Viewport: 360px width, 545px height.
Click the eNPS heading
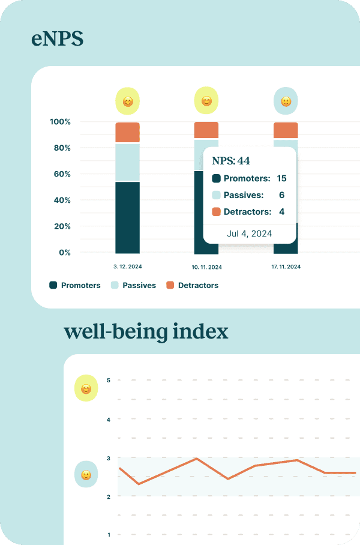tap(57, 40)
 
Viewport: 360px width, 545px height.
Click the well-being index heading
tap(146, 331)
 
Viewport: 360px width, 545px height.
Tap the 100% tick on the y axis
tap(60, 122)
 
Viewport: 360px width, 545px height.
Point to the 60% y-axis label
tap(62, 174)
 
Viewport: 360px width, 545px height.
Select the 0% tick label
tap(64, 253)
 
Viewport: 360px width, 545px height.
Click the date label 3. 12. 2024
tap(127, 266)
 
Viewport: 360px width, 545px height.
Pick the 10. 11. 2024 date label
tap(206, 266)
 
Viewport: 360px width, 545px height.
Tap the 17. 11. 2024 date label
tap(286, 266)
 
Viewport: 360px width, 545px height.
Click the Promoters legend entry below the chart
tap(75, 286)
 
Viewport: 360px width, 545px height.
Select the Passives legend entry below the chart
tap(133, 286)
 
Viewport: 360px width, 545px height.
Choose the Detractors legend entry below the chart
tap(192, 286)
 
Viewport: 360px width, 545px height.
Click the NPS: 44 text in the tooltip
tap(231, 161)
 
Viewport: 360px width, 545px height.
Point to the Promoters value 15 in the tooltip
tap(281, 178)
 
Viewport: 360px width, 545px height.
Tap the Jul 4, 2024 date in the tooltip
tap(250, 233)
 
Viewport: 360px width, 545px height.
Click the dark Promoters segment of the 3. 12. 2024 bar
tap(127, 217)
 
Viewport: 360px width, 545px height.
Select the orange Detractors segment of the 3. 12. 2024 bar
tap(127, 133)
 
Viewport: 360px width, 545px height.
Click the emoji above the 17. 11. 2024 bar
tap(286, 101)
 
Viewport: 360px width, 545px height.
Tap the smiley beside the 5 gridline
tap(86, 389)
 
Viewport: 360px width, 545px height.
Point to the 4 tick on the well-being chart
tap(109, 420)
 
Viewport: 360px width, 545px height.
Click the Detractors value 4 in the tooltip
tap(281, 212)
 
